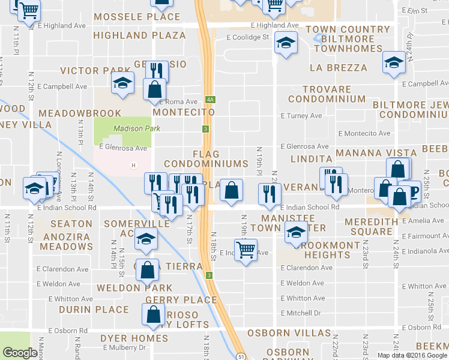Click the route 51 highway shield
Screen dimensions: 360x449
click(x=240, y=356)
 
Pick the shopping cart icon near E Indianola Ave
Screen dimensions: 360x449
click(x=246, y=249)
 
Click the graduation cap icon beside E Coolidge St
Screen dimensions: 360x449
click(x=286, y=43)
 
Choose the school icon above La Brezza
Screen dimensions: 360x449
click(x=394, y=63)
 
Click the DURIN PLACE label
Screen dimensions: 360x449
click(x=94, y=310)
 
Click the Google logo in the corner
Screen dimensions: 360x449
click(x=20, y=353)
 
